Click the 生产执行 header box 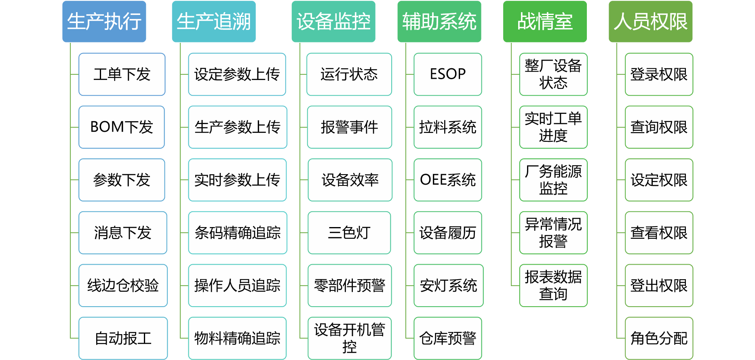click(x=104, y=21)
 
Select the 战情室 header click(x=545, y=21)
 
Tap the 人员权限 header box click(x=651, y=21)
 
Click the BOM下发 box click(x=122, y=127)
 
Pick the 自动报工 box click(x=123, y=338)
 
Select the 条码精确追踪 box click(x=238, y=233)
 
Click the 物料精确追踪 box click(x=237, y=338)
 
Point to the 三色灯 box click(x=349, y=233)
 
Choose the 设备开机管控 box click(x=350, y=338)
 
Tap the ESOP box click(x=448, y=74)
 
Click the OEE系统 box click(x=448, y=180)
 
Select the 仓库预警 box click(x=448, y=338)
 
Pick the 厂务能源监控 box click(x=553, y=180)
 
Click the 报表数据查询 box click(x=553, y=286)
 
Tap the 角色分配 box click(x=659, y=338)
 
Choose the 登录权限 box click(x=659, y=74)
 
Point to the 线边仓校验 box click(x=123, y=286)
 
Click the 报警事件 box click(x=350, y=127)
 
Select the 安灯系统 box click(x=449, y=286)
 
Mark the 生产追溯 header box click(x=214, y=21)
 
